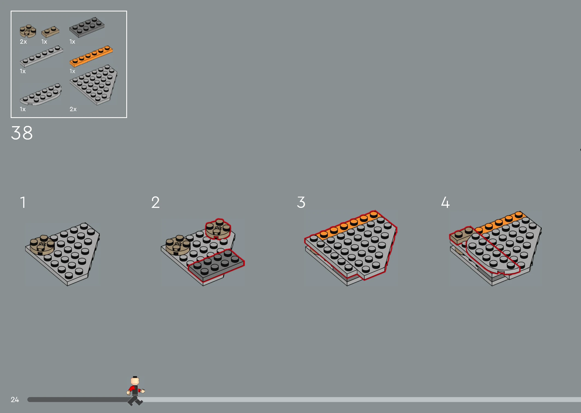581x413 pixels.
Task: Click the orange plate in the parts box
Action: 91,56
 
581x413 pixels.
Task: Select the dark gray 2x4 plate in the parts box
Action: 87,27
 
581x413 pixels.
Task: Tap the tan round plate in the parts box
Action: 28,31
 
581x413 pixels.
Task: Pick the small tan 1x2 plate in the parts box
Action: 50,32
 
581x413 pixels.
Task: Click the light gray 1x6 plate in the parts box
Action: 41,56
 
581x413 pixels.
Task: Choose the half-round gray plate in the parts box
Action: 41,94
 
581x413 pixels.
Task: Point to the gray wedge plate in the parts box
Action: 93,85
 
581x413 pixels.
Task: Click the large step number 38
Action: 22,133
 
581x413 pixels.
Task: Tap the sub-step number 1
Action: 23,202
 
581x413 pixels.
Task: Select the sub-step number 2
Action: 155,202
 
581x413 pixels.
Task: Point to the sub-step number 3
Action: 301,202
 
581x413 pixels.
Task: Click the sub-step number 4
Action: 445,202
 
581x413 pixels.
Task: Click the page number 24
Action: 15,400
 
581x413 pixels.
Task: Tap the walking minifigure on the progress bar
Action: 136,391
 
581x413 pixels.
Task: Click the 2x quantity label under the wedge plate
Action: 73,109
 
